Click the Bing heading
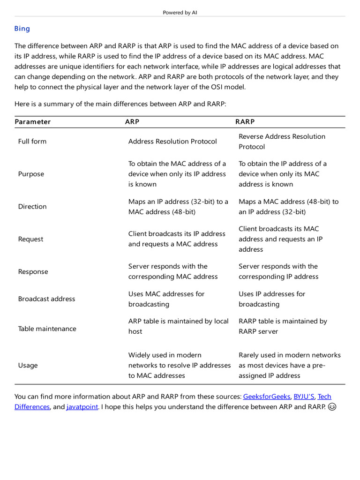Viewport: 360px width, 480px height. tap(22, 29)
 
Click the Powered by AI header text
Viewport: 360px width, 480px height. tap(180, 13)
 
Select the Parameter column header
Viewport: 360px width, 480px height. tap(32, 122)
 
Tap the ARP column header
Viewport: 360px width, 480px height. tap(132, 122)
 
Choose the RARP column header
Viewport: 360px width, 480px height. tap(245, 122)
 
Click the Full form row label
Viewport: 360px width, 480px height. tap(32, 142)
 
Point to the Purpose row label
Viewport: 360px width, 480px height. tap(31, 174)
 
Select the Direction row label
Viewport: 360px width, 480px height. tap(32, 207)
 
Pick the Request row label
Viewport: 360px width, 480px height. tap(30, 239)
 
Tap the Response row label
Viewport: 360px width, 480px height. tap(33, 272)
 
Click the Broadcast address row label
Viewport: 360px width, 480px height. tap(46, 299)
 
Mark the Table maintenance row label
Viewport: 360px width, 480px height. tap(47, 329)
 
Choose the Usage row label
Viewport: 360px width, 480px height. tap(28, 366)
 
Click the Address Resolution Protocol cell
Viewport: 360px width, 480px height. tap(172, 142)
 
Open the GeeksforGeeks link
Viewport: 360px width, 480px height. tap(266, 397)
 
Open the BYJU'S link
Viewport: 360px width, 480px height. tap(304, 397)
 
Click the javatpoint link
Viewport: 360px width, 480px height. tap(82, 407)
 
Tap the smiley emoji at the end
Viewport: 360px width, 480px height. tap(332, 407)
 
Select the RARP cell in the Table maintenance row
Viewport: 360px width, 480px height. tap(283, 326)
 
